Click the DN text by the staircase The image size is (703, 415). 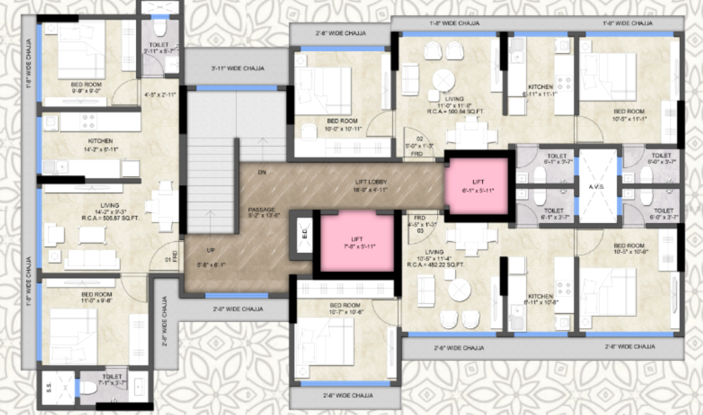(x=262, y=173)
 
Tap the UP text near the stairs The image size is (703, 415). (x=210, y=249)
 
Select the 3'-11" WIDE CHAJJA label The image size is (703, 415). (x=238, y=69)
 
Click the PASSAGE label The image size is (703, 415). (x=263, y=212)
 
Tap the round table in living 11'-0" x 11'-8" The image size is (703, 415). (x=444, y=80)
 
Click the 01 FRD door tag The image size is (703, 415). (x=171, y=258)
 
